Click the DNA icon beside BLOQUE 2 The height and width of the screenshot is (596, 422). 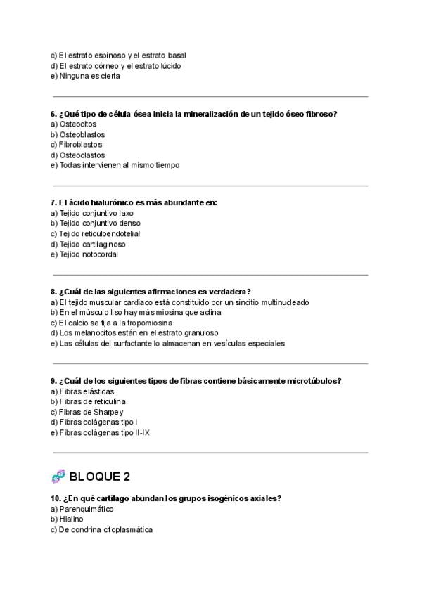(x=58, y=477)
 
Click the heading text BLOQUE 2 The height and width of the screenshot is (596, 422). (x=99, y=477)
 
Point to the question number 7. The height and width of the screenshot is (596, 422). (x=53, y=202)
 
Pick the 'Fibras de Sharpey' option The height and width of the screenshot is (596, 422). (x=87, y=412)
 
